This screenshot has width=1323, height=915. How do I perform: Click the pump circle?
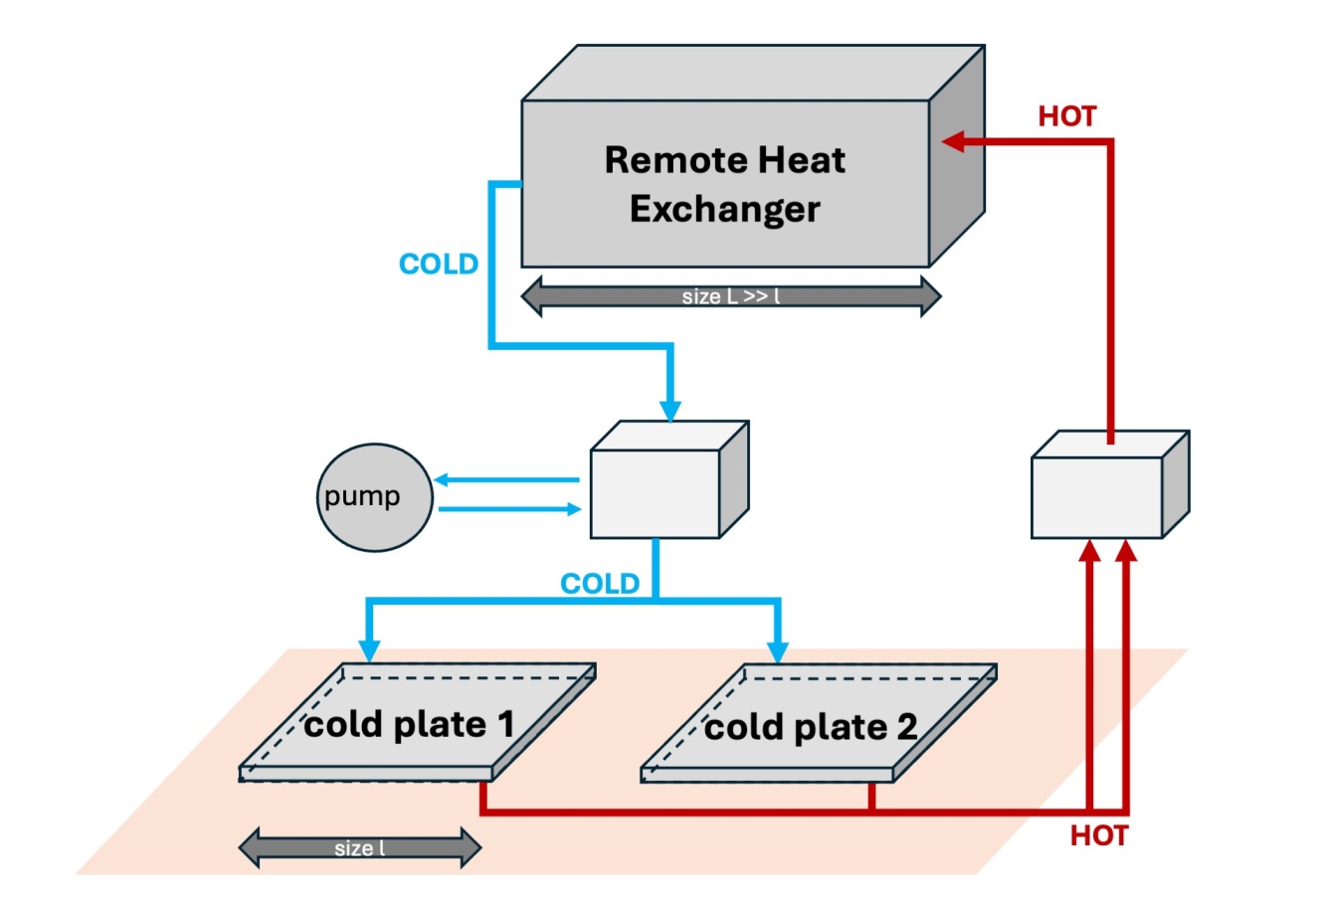pos(374,497)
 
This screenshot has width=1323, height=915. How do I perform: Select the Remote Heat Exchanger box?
pos(753,156)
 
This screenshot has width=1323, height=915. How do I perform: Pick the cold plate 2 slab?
pos(819,723)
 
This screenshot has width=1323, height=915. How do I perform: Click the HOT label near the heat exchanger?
pos(1067,116)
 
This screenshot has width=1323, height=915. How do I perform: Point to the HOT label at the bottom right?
pos(1099,835)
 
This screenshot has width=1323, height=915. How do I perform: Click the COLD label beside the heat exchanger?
pos(439,264)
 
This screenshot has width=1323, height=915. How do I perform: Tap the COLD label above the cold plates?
pos(600,584)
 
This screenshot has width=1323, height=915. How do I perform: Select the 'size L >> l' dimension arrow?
pos(731,296)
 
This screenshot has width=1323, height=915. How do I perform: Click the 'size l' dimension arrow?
pos(360,848)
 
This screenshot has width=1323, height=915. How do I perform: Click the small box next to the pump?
pos(669,479)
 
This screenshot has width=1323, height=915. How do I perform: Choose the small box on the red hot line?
pos(1110,484)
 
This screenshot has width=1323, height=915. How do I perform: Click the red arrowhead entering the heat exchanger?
pos(953,142)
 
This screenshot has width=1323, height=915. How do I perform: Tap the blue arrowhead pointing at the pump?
pos(441,479)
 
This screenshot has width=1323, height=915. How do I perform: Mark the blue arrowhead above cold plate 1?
pos(369,650)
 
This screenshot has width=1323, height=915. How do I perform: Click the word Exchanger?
pos(725,209)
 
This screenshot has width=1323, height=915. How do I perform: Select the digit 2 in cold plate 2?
pos(907,726)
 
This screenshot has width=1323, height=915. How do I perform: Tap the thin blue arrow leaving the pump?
pos(509,509)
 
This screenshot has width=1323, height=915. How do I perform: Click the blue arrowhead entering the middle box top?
pos(669,411)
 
